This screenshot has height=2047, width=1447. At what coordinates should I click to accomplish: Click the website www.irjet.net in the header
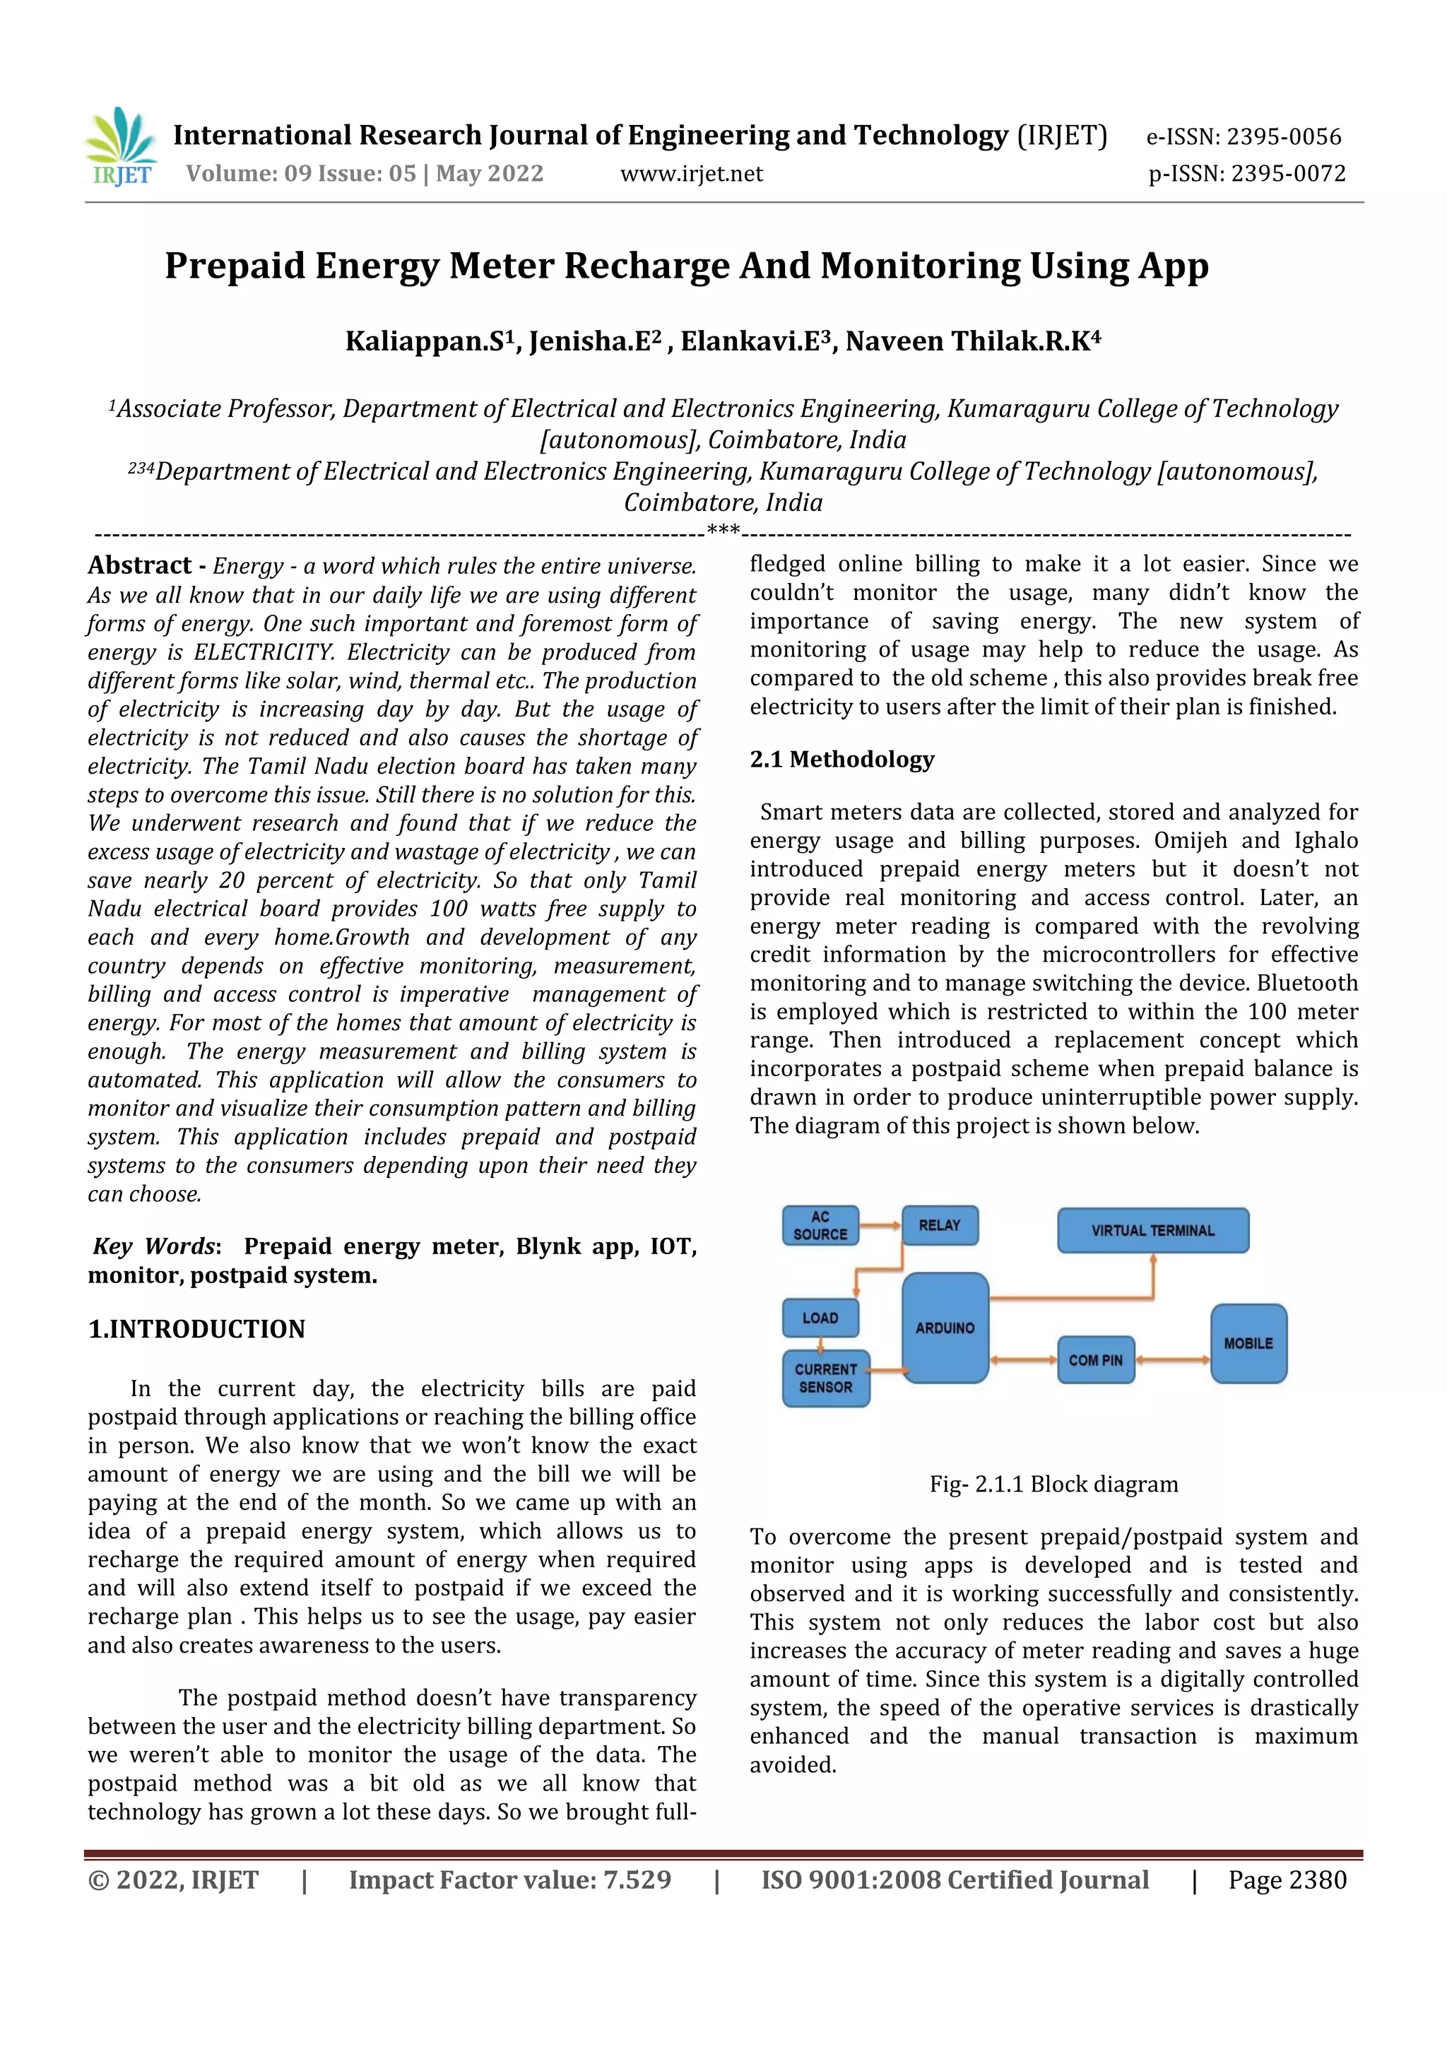[691, 174]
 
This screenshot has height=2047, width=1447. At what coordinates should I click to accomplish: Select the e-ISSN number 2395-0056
[1283, 136]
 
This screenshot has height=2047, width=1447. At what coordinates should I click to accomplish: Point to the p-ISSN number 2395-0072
[1288, 174]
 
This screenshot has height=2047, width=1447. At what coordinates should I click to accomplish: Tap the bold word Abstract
[139, 565]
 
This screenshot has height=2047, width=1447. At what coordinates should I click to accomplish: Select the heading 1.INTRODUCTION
[196, 1329]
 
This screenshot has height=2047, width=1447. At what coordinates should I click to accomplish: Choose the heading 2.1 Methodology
[841, 759]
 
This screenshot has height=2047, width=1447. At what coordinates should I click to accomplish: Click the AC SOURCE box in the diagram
[820, 1226]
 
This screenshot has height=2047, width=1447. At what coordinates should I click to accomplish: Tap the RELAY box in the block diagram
[940, 1225]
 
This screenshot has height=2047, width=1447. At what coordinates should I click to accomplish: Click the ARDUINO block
[945, 1328]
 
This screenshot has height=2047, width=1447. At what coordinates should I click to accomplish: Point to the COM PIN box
[1096, 1359]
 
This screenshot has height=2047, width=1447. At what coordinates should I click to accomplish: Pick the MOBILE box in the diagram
[1248, 1343]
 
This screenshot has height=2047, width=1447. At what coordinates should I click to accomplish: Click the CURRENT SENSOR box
[825, 1379]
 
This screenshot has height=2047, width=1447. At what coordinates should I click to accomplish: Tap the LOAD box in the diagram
[820, 1318]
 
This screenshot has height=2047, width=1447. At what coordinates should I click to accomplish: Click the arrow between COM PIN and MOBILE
[1172, 1359]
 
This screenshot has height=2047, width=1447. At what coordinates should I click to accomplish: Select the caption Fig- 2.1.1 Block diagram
[1054, 1485]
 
